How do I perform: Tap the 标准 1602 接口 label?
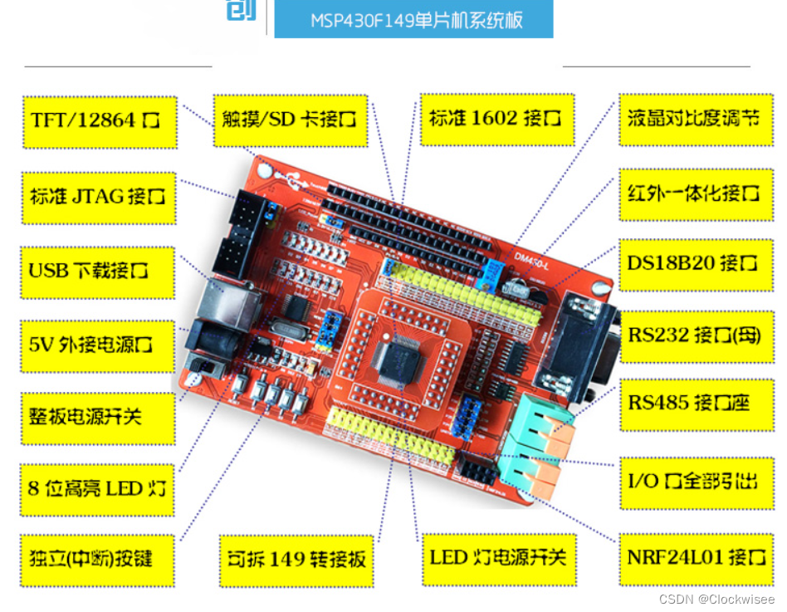click(x=496, y=119)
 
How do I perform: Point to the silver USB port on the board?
click(x=224, y=309)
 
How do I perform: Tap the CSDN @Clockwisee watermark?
click(x=716, y=600)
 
